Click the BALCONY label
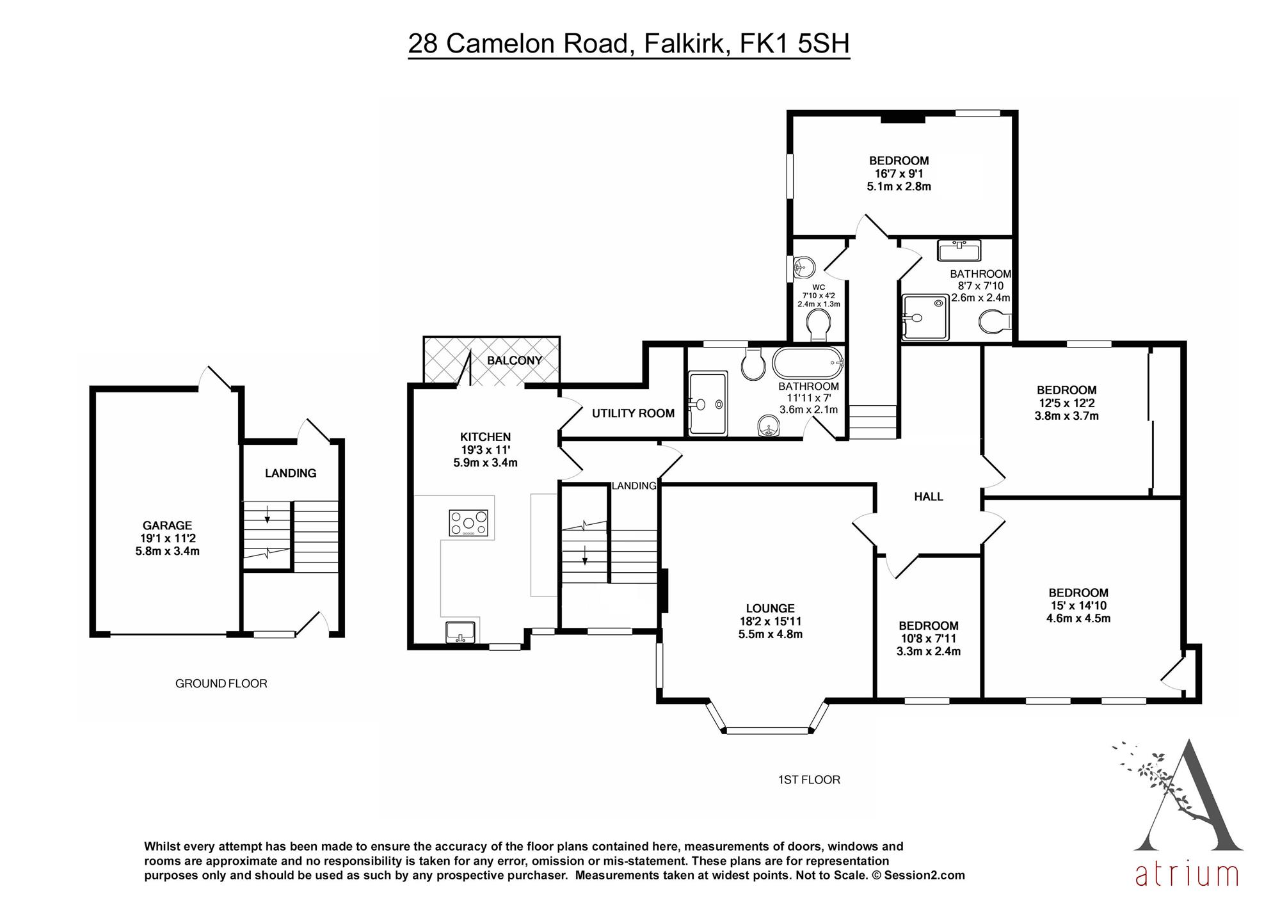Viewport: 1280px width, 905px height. coord(514,360)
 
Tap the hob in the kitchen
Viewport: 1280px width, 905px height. coord(468,522)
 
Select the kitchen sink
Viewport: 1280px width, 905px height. coord(461,632)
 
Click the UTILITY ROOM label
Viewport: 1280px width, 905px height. coord(633,413)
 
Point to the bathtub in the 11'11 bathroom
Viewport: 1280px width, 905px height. coord(808,364)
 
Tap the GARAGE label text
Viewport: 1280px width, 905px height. coord(168,525)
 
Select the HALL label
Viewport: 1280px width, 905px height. coord(929,497)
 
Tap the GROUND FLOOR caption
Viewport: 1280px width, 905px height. coord(221,684)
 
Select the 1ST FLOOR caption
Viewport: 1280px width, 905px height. coord(809,780)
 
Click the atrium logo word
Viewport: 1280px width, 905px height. coord(1187,874)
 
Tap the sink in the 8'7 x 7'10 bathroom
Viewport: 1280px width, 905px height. coord(959,250)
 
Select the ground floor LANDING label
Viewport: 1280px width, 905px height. coord(291,473)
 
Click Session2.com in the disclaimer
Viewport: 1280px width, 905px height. coord(925,875)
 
